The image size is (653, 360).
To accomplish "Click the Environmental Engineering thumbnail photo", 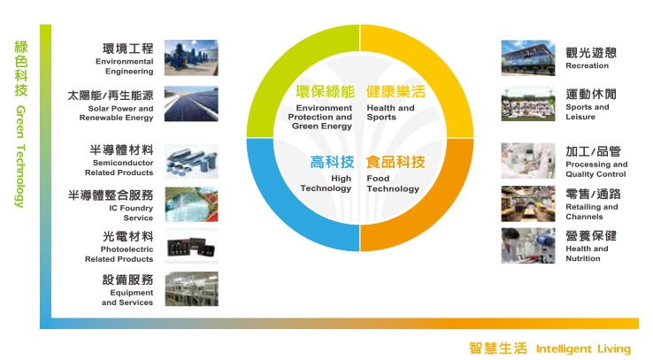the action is (191, 57).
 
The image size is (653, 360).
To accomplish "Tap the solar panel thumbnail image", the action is (191, 104).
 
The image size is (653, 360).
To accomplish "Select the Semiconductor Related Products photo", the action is (191, 161).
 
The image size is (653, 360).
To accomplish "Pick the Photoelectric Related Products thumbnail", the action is (191, 246).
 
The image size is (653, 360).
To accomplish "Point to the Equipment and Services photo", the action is (192, 289).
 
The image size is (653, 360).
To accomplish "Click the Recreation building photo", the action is (528, 57).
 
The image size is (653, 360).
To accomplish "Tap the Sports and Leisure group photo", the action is (528, 104).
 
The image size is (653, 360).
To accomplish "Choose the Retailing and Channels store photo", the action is (528, 204).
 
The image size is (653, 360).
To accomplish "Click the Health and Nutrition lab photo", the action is (528, 246).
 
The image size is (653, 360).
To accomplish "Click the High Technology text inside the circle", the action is (326, 183).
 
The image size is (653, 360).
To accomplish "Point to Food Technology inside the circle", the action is (393, 183).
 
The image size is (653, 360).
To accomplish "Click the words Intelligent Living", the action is (583, 349).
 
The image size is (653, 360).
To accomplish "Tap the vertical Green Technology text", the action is (20, 157).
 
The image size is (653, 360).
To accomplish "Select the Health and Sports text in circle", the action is (390, 112).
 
